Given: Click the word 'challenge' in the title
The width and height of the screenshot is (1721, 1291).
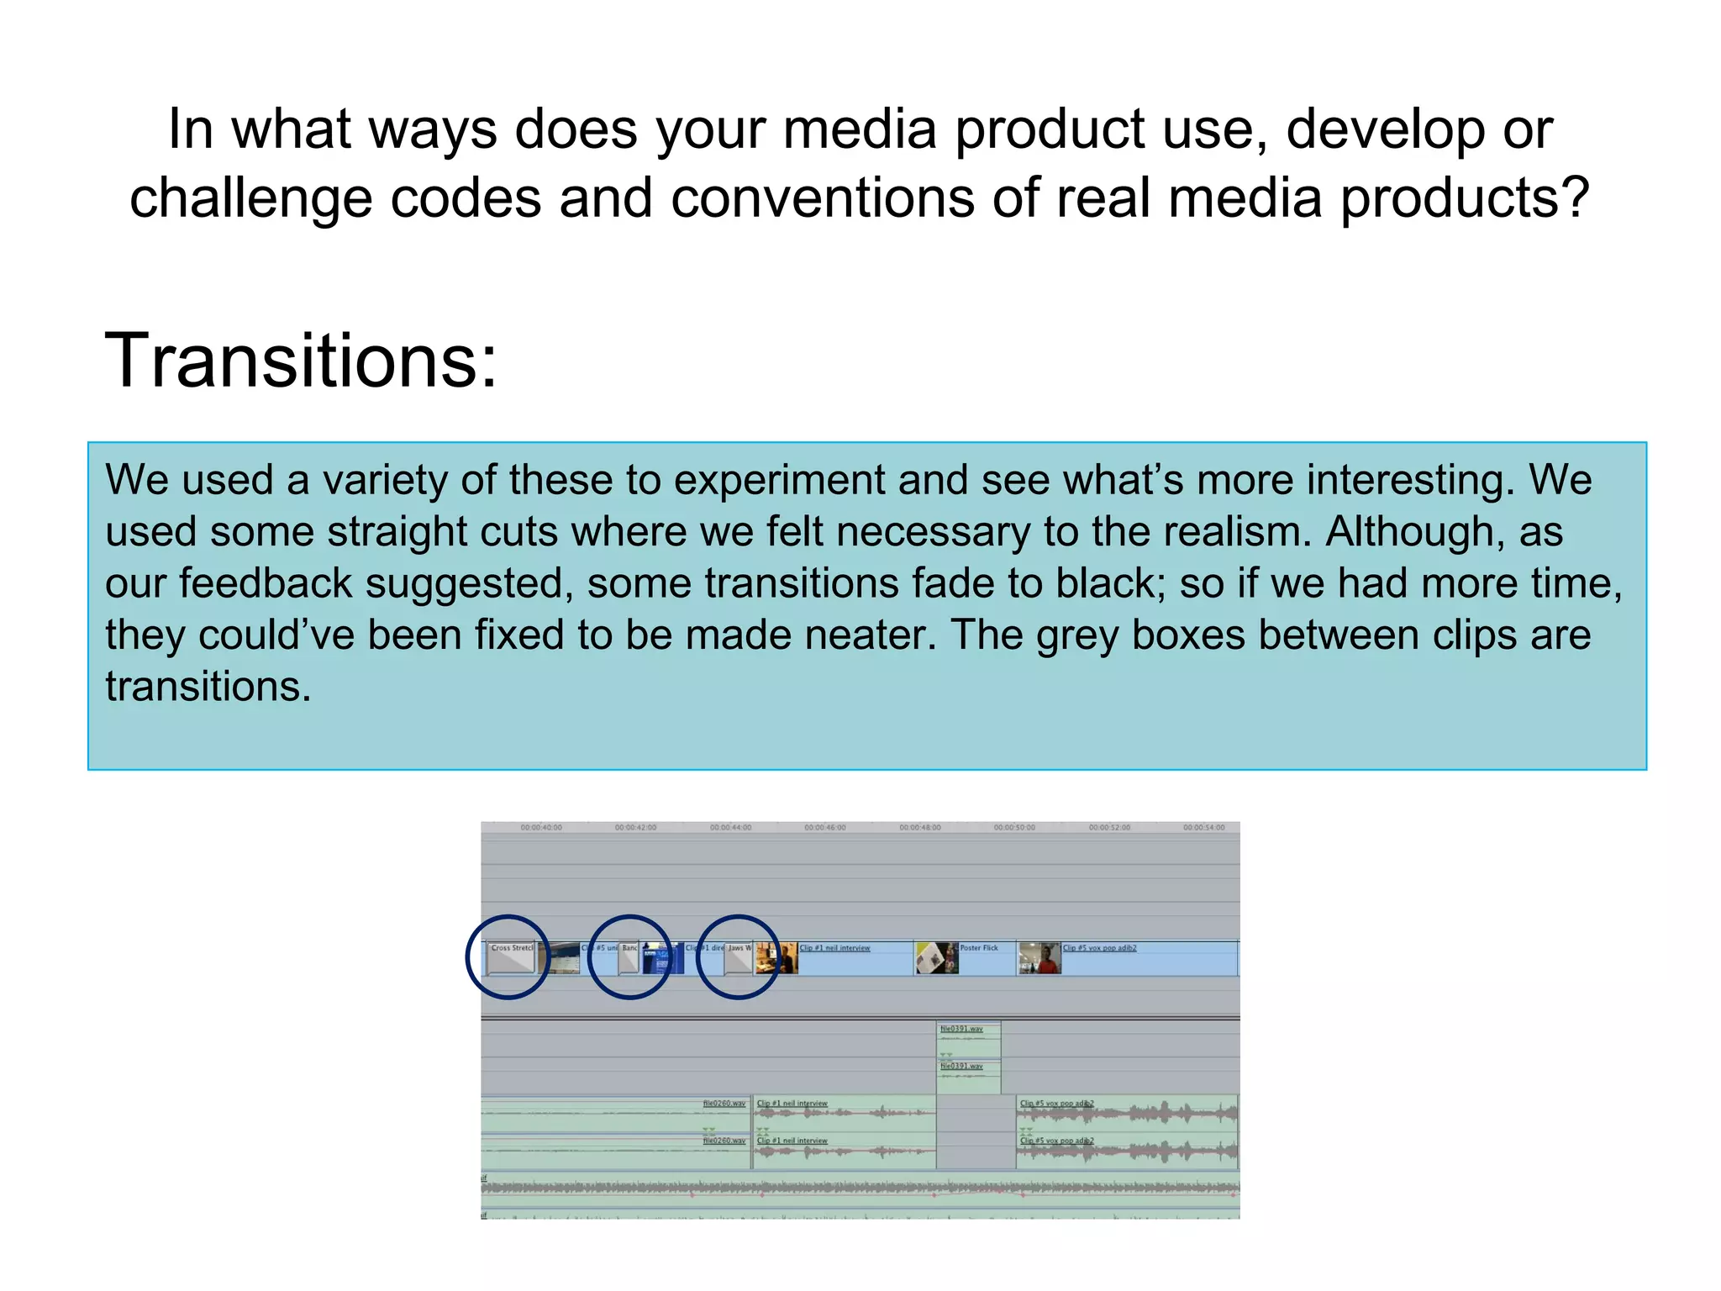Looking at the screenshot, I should [250, 199].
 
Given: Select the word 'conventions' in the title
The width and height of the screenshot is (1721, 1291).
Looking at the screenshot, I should [823, 199].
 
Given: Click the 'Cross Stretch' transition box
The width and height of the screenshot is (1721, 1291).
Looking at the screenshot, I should [511, 958].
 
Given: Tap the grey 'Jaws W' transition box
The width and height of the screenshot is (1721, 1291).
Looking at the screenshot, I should [738, 958].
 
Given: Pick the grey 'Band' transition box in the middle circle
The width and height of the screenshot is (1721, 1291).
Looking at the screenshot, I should [629, 958].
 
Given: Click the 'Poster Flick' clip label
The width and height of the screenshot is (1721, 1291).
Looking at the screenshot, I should [979, 948].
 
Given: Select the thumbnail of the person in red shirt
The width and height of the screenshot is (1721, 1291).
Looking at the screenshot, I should [1039, 958].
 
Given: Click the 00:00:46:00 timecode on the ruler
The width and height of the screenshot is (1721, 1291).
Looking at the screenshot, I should [825, 828].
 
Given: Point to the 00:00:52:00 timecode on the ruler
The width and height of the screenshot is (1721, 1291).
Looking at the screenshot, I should [1109, 828].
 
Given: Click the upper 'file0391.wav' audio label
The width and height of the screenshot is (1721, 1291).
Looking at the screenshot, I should [960, 1029].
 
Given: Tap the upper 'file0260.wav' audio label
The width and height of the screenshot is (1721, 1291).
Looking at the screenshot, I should [724, 1104].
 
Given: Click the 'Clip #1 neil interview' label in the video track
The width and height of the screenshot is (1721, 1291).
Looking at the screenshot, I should [834, 948].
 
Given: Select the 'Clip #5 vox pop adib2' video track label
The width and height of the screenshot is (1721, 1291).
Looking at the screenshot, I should [1099, 948].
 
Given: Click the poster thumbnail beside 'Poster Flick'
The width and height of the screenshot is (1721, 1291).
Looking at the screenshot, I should [936, 958].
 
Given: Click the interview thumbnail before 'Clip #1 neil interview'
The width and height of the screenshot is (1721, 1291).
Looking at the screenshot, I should [776, 958].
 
